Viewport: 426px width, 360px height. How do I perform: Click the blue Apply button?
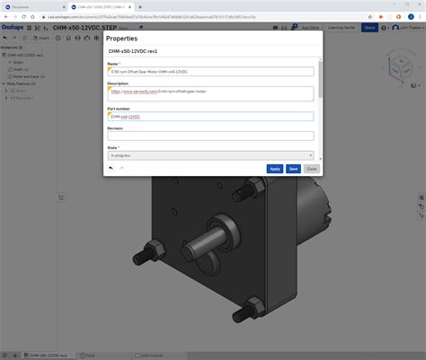(275, 168)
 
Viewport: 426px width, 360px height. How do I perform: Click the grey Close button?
(311, 168)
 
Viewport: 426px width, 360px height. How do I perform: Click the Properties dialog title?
(122, 40)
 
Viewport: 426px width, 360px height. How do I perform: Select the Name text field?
(210, 71)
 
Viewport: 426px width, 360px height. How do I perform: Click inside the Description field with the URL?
(210, 92)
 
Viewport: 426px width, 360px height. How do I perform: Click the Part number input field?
(210, 116)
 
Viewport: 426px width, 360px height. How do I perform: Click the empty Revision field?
(210, 136)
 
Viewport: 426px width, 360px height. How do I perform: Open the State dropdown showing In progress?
(210, 155)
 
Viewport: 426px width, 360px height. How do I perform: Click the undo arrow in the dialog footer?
(111, 168)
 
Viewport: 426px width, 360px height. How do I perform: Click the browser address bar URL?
(180, 15)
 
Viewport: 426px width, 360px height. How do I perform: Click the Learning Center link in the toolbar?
(339, 28)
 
